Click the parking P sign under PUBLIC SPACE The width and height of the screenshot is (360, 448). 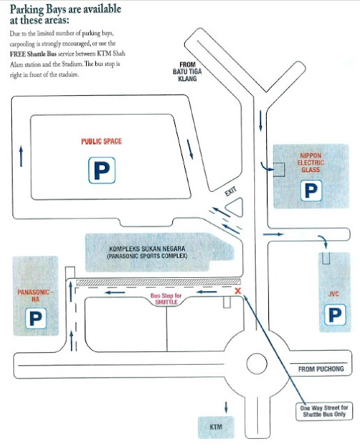click(x=102, y=170)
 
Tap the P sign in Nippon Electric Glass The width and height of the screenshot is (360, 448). click(x=311, y=190)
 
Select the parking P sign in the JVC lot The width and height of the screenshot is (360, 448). click(x=335, y=314)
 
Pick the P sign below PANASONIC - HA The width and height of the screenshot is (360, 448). click(x=36, y=318)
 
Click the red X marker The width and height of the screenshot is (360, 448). click(x=238, y=291)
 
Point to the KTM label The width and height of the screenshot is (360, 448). click(x=216, y=427)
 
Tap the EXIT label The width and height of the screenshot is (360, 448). click(x=230, y=191)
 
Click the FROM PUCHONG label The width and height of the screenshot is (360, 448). click(x=321, y=369)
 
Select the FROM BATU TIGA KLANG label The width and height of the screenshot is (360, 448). click(x=187, y=71)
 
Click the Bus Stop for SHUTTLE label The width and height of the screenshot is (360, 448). click(x=166, y=299)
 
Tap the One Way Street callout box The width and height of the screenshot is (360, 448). click(x=324, y=411)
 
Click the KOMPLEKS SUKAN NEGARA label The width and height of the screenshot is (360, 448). click(x=147, y=248)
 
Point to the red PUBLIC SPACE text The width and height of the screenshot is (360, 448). click(x=102, y=141)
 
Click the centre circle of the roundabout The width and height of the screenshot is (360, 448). click(x=257, y=364)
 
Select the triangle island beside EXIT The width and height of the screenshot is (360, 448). click(x=235, y=207)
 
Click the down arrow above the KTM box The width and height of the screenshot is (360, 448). click(x=226, y=407)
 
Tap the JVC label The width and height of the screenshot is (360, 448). click(x=333, y=294)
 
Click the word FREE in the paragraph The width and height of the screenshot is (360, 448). click(x=18, y=54)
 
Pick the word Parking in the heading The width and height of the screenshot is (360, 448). click(x=27, y=10)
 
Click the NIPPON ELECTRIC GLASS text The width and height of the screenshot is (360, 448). click(x=311, y=162)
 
